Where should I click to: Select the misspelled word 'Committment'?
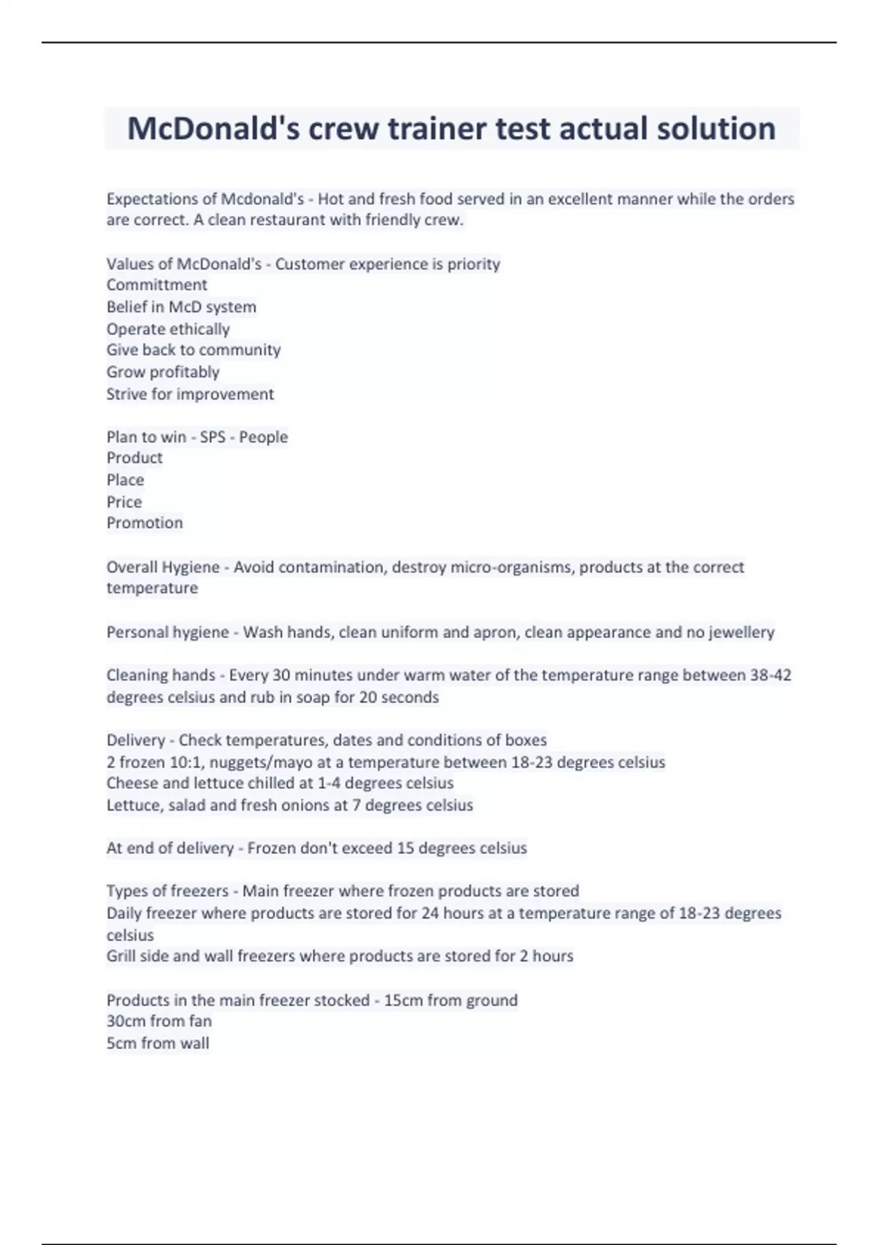coord(157,285)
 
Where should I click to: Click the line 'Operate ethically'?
coord(168,329)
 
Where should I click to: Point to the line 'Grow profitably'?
coord(163,372)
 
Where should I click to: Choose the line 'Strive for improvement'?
coord(190,394)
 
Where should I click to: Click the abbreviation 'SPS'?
coord(212,437)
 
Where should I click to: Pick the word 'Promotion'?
coord(144,523)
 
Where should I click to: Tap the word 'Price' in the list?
coord(124,502)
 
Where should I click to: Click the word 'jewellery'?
coord(741,632)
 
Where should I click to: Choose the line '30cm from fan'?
coord(159,1021)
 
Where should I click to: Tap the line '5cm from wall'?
coord(157,1043)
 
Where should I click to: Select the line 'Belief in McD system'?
coord(181,307)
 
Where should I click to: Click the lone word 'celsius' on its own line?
coord(130,935)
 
